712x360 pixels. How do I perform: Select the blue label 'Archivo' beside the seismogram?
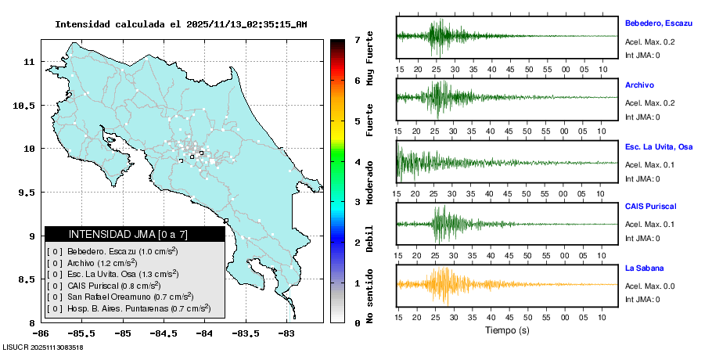click(639, 85)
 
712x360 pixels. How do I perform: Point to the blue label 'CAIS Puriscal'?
click(650, 206)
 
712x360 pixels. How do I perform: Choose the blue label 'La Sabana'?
click(643, 268)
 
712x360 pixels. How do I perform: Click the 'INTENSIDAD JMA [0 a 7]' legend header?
click(134, 234)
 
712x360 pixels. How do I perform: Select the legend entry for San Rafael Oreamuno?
click(119, 297)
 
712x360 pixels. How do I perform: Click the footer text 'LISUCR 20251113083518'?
click(43, 347)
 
